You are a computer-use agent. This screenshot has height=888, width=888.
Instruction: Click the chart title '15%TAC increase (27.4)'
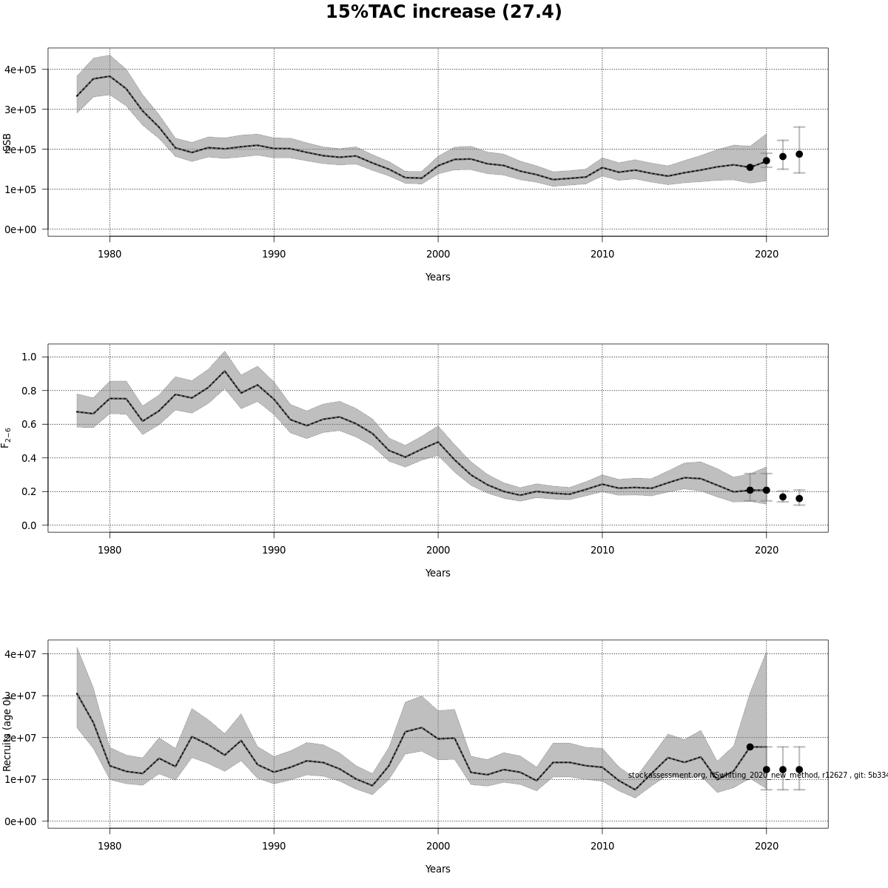click(x=443, y=13)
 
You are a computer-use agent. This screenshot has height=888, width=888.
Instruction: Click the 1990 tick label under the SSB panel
click(x=274, y=255)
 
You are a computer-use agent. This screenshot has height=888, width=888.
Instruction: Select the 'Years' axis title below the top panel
click(x=437, y=277)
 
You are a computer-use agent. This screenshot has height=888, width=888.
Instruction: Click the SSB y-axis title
click(x=7, y=142)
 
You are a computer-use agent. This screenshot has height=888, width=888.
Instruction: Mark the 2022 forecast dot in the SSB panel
click(x=799, y=154)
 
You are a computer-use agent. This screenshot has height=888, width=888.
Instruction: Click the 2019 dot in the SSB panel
click(x=750, y=167)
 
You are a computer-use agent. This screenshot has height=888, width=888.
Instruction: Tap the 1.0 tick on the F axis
click(x=30, y=357)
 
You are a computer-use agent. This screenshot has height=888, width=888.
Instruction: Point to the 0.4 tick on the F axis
click(x=30, y=458)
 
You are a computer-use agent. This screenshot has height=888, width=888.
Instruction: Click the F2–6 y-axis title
click(x=7, y=437)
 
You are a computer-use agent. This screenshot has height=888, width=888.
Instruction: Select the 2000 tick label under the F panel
click(x=438, y=551)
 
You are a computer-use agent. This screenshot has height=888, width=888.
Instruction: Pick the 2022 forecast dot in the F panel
click(x=799, y=499)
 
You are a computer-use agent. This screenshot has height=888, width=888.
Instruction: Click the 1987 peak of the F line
click(x=225, y=371)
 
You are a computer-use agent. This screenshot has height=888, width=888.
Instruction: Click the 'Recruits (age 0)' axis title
click(x=7, y=733)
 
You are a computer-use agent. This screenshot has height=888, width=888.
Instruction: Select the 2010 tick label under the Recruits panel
click(x=602, y=847)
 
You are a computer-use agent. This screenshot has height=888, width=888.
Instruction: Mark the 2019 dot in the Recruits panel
click(x=750, y=747)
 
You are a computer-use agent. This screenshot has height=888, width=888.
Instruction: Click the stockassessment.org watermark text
click(x=755, y=775)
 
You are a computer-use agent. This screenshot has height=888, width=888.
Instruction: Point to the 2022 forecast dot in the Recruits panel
click(x=799, y=770)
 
